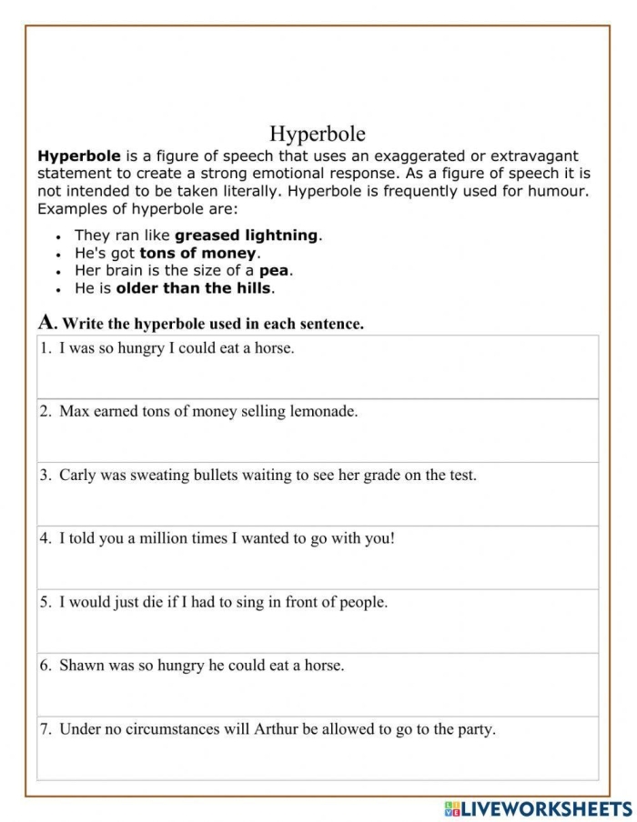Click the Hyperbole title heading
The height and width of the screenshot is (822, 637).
click(318, 135)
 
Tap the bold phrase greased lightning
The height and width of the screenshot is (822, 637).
click(246, 235)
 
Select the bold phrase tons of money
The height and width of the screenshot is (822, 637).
click(198, 253)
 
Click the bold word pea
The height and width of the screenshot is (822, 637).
click(274, 271)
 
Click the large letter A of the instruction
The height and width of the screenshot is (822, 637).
click(46, 322)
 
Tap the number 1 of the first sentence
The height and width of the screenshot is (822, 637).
click(45, 348)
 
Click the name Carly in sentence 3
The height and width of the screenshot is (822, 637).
click(78, 476)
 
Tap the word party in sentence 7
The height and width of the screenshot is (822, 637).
click(474, 730)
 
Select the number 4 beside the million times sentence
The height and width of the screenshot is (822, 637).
click(45, 538)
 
